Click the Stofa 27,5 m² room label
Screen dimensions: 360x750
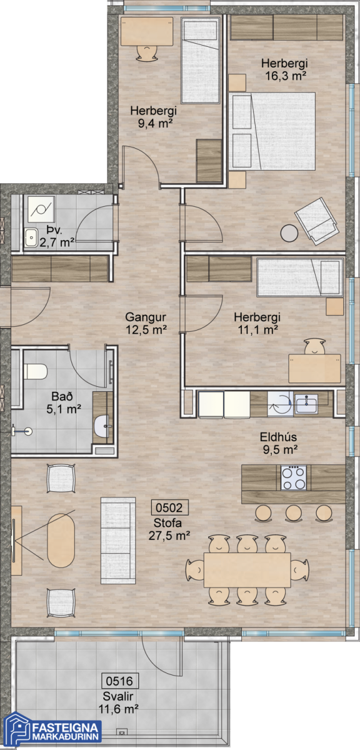tap(169, 529)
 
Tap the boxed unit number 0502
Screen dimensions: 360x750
tap(169, 507)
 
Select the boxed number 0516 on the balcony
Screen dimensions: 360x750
tap(120, 681)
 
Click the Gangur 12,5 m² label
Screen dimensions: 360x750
tap(146, 323)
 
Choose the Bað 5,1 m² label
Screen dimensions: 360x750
tap(63, 402)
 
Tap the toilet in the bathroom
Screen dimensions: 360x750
tap(35, 371)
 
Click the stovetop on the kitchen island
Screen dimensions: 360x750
tap(293, 477)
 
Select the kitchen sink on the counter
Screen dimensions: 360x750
tap(306, 404)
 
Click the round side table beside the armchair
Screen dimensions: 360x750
tap(289, 233)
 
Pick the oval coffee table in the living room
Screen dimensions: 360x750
tap(61, 541)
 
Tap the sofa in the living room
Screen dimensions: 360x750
tap(118, 541)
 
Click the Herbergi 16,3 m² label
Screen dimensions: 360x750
tap(284, 69)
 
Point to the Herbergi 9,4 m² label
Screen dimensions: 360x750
tap(154, 117)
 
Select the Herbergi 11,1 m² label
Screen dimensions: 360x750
tap(257, 323)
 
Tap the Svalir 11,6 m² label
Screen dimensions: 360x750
tap(118, 702)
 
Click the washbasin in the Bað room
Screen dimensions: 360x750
tap(101, 426)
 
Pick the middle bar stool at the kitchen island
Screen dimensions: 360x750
tap(293, 513)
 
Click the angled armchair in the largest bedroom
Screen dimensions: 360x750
tap(316, 221)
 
